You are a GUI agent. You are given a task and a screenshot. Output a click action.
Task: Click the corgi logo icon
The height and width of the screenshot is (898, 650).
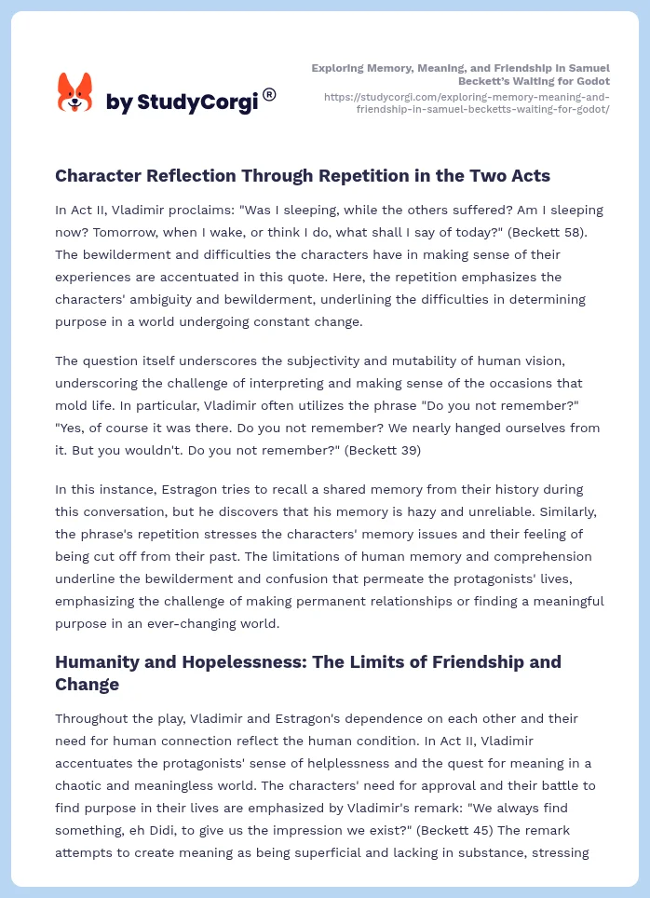[75, 93]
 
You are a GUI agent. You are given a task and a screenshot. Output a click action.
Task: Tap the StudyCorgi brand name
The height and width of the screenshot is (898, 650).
[182, 102]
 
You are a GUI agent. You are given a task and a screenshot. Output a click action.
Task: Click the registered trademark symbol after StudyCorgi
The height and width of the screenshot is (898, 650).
[269, 94]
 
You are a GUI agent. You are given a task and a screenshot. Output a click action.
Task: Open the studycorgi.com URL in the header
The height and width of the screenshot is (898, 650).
[467, 102]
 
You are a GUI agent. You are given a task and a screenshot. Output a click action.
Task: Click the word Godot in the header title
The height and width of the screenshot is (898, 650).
[589, 81]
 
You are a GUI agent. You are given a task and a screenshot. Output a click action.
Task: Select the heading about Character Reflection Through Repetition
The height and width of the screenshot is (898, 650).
[303, 176]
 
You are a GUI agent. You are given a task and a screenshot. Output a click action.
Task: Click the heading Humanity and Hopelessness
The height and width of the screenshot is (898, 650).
[307, 673]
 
